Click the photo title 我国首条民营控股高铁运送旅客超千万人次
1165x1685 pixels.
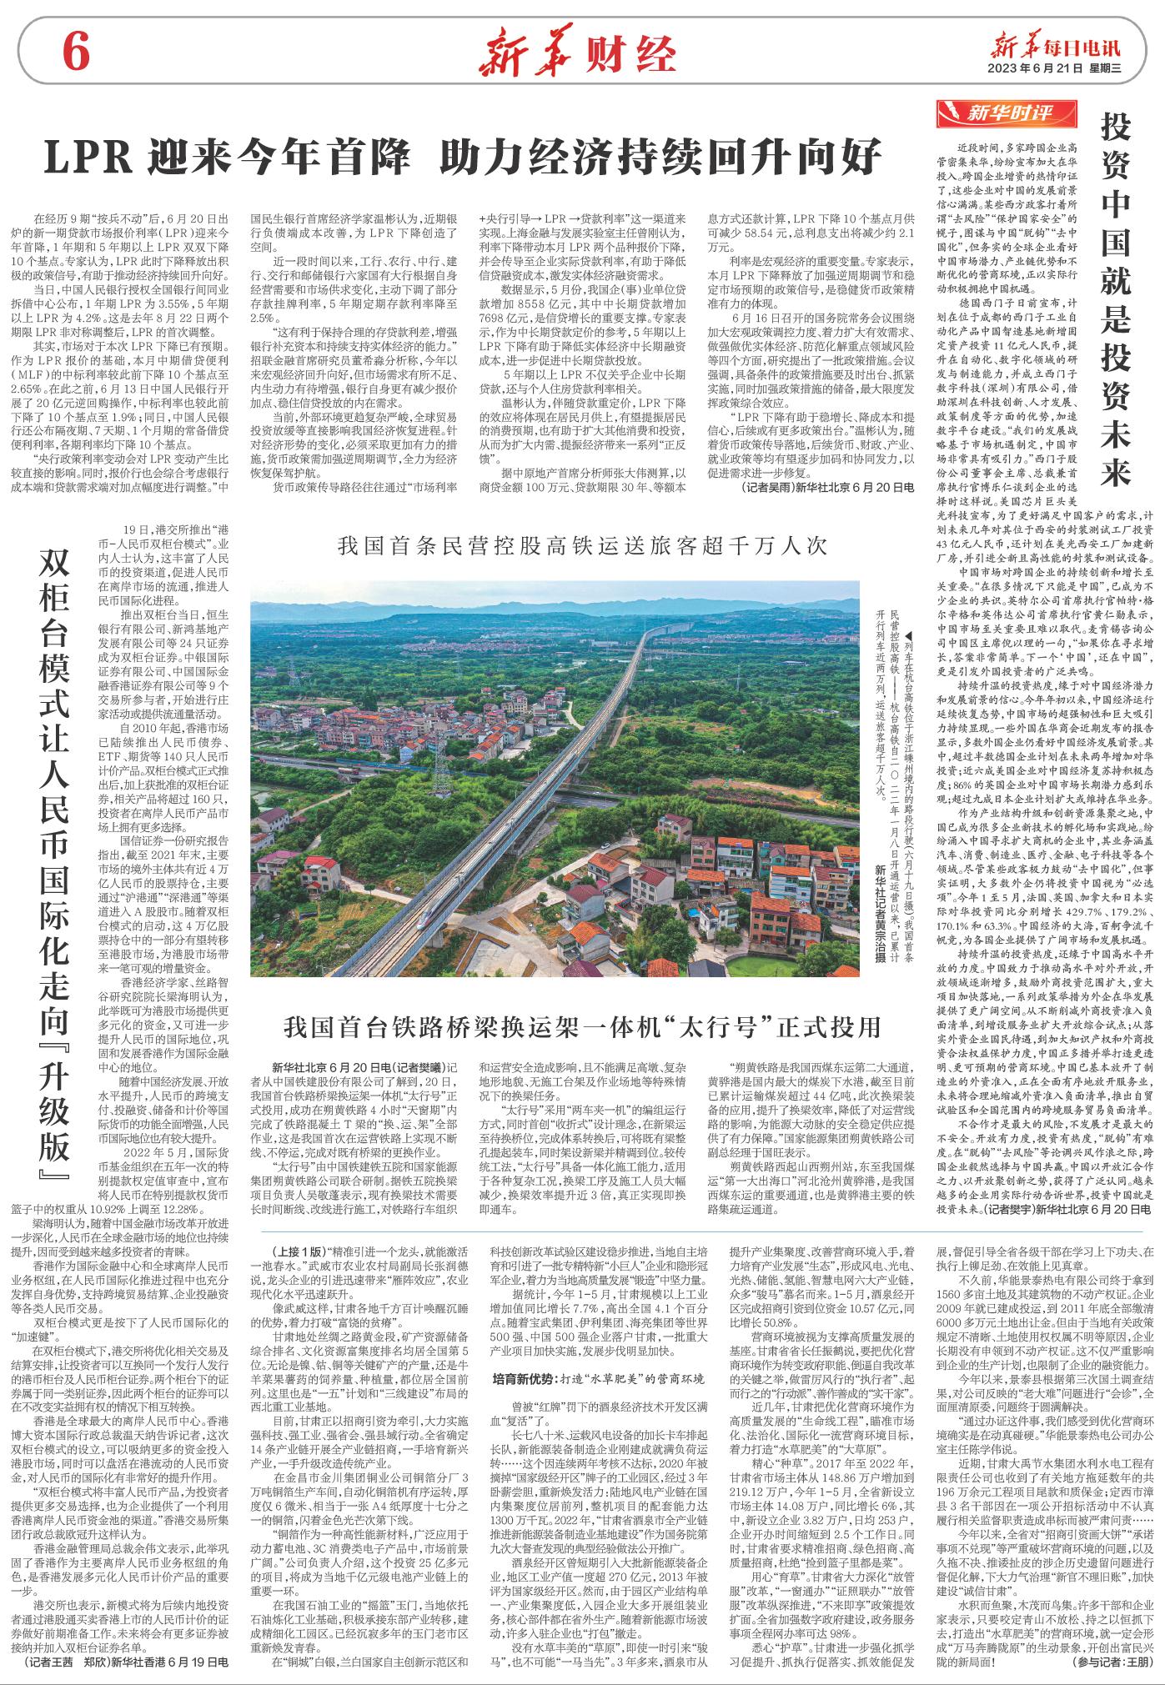[580, 546]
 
